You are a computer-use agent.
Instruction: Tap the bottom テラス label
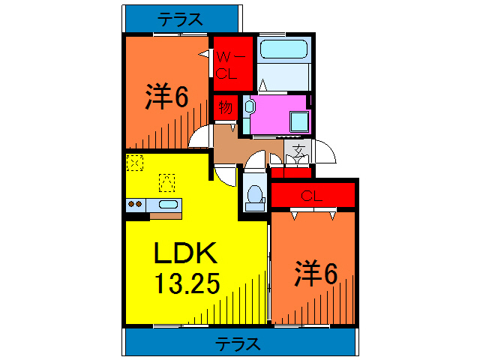(238, 344)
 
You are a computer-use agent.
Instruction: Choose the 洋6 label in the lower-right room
(315, 274)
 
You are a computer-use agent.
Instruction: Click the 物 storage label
(225, 106)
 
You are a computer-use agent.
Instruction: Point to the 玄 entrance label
(298, 151)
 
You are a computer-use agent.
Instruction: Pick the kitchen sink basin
(169, 204)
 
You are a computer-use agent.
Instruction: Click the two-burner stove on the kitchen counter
(136, 204)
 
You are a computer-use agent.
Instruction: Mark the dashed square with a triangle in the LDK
(166, 181)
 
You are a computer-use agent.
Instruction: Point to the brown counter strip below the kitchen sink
(165, 216)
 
